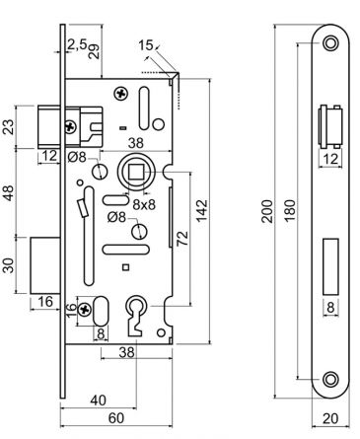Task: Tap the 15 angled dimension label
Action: [146, 45]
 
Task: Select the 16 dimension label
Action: [45, 300]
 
